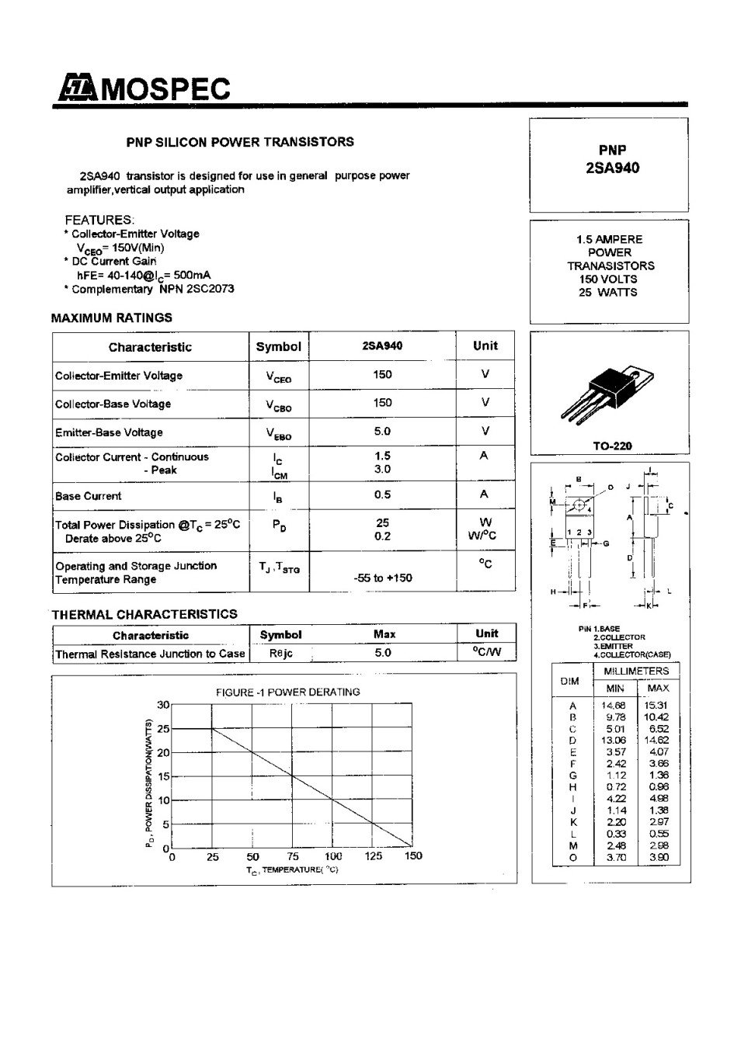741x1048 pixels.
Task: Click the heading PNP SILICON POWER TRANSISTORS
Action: tap(240, 142)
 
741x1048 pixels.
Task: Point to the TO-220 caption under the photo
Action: tap(612, 446)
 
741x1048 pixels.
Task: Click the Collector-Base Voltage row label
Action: tap(113, 404)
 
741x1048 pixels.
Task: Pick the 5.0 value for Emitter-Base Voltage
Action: tap(382, 432)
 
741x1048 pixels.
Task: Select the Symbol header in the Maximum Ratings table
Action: tap(278, 347)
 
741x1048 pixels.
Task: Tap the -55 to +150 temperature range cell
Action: tap(382, 578)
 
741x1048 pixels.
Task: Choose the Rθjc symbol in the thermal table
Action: tap(280, 654)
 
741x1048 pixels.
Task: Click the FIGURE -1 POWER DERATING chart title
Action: tap(287, 692)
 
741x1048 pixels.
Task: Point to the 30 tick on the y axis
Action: tap(163, 705)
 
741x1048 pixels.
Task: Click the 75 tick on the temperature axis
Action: tap(293, 856)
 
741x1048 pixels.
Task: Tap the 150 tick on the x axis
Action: tap(413, 856)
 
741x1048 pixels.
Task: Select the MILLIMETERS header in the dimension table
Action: tap(636, 671)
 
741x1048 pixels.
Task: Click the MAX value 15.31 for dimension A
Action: tap(656, 706)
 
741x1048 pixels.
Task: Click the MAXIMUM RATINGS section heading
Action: tap(112, 318)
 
